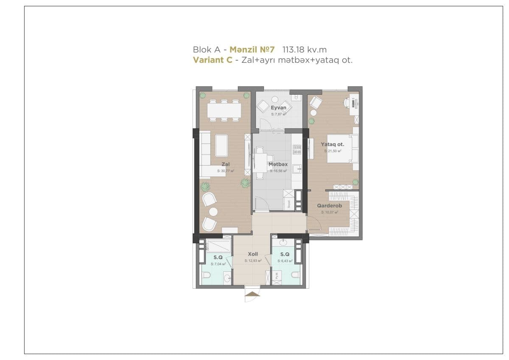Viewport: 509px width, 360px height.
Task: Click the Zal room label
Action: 225,164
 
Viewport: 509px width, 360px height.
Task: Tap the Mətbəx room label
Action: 278,164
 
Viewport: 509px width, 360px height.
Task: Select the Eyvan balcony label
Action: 278,108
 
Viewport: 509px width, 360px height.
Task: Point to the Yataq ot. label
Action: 333,144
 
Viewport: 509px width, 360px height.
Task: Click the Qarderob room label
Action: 330,205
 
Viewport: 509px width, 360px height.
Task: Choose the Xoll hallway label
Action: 253,254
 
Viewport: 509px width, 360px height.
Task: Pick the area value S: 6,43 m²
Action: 285,261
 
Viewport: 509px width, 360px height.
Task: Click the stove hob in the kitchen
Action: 297,149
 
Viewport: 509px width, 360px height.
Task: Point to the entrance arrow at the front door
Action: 252,293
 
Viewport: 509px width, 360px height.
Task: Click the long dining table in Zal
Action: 224,110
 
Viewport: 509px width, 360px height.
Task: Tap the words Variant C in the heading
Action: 213,60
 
